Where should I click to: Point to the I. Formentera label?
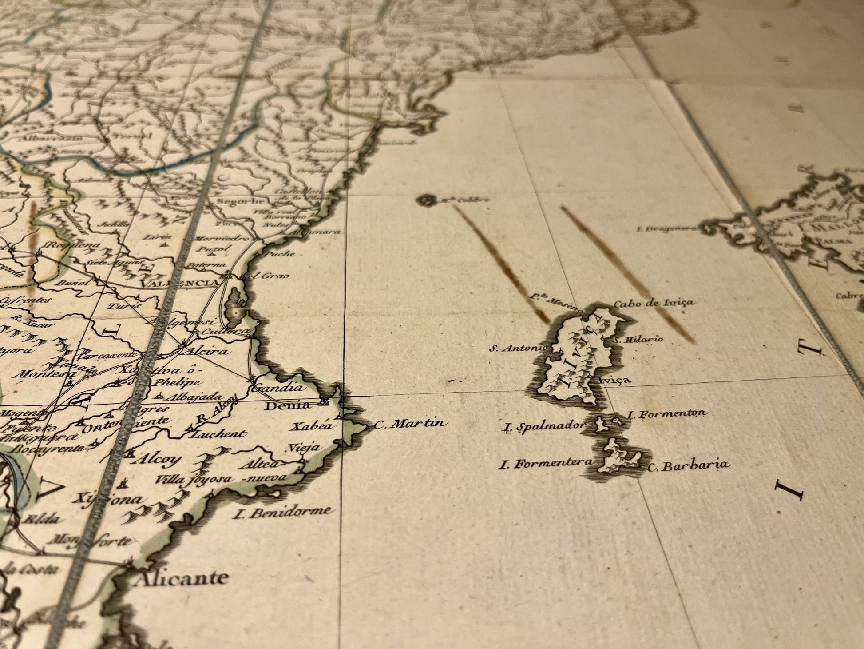coord(546,464)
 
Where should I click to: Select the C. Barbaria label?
coord(689,465)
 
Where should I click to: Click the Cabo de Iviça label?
coord(653,304)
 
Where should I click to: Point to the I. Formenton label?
coord(666,414)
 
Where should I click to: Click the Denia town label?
coord(287,405)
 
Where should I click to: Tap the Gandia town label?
coord(277,388)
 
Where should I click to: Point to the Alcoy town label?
coord(153,460)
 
